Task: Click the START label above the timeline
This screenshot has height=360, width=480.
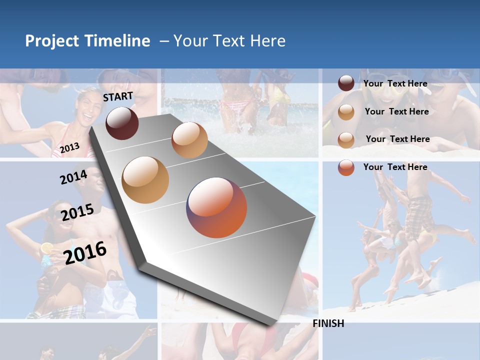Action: (x=118, y=96)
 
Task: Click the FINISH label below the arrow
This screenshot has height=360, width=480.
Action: (x=328, y=323)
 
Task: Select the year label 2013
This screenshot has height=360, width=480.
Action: (x=69, y=147)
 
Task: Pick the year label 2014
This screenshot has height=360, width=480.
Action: (x=73, y=177)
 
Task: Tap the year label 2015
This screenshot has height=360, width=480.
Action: (x=77, y=212)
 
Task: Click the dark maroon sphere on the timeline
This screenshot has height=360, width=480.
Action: (x=122, y=123)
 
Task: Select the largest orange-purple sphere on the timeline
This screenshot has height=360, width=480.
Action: (x=216, y=207)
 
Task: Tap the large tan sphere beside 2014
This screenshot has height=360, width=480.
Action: (x=145, y=180)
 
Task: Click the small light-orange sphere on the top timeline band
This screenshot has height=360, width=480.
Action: (x=189, y=140)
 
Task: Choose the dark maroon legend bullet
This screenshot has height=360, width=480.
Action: (x=346, y=83)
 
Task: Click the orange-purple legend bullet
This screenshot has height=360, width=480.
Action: (x=346, y=167)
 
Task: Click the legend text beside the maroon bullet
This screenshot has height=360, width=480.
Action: (x=395, y=83)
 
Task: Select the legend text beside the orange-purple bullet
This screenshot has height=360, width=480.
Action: (x=395, y=167)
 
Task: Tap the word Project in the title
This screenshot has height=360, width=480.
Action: (x=52, y=41)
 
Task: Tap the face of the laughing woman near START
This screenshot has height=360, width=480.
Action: (x=84, y=107)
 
